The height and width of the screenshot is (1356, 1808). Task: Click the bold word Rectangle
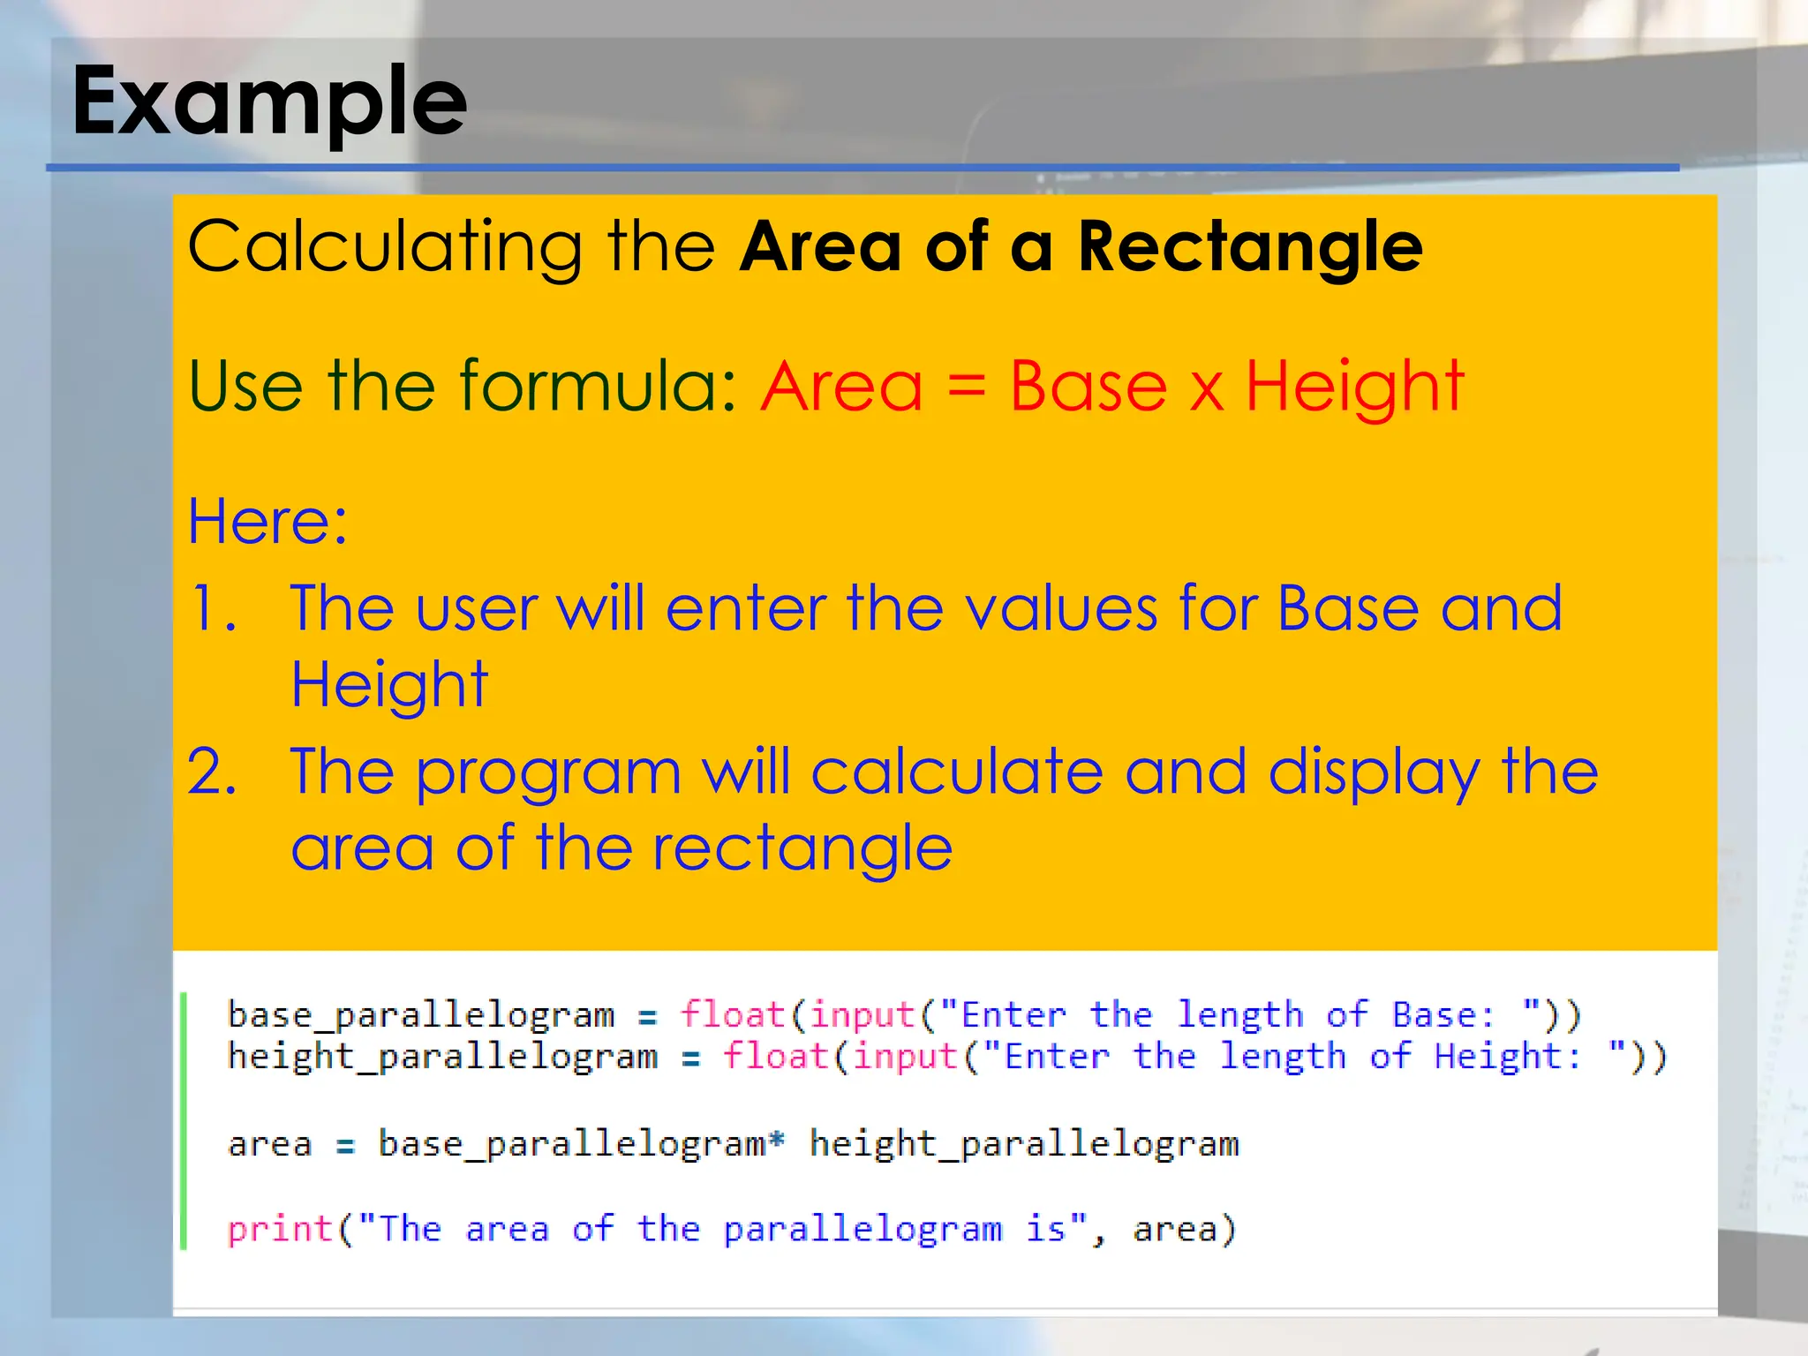coord(1249,248)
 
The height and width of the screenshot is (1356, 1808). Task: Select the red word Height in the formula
coord(1354,388)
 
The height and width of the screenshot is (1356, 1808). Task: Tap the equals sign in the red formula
coord(966,388)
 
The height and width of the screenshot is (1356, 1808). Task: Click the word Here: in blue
coord(267,522)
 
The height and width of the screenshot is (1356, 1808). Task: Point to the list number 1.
coord(213,609)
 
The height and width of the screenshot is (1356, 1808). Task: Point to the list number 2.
coord(212,772)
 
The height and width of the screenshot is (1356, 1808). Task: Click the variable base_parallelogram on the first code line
coord(420,1015)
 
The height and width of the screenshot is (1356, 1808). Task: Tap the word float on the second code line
coord(774,1057)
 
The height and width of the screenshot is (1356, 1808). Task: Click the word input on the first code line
coord(862,1015)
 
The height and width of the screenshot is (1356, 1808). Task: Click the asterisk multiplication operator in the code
coord(776,1141)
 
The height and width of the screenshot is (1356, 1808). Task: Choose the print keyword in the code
coord(279,1229)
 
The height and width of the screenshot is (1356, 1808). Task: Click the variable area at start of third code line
coord(269,1145)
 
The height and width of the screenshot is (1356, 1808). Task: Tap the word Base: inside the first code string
coord(1443,1015)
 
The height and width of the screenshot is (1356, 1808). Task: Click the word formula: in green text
coord(598,388)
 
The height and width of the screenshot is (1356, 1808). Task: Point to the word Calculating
coord(384,248)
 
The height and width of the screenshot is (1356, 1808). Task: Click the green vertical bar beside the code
coord(184,1121)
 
